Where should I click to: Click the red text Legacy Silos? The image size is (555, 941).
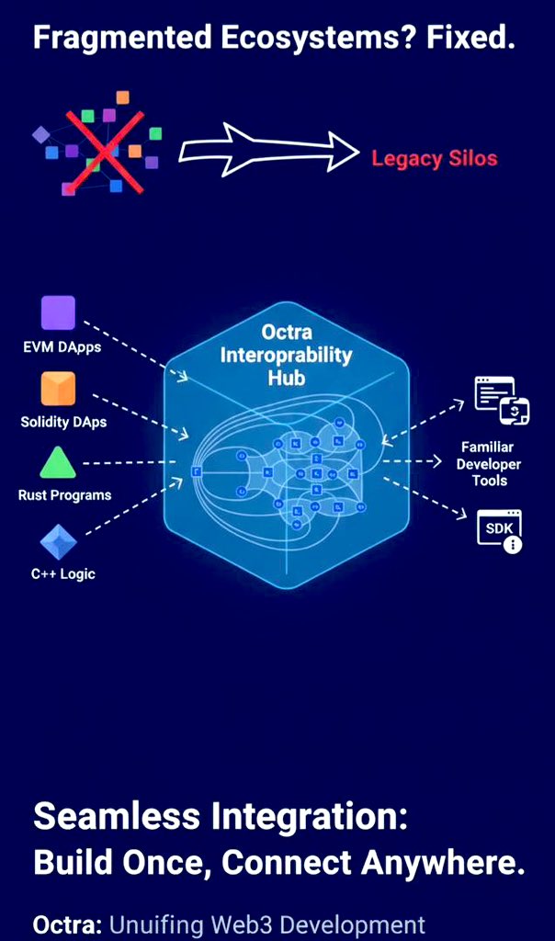434,158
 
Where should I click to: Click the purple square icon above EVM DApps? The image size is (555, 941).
58,313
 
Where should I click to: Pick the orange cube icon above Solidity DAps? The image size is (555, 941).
58,389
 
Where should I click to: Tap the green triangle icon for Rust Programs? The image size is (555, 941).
58,462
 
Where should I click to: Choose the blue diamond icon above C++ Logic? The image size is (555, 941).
58,541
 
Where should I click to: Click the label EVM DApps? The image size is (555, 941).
62,347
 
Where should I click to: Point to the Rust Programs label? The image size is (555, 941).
64,495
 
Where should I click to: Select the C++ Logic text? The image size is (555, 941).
62,574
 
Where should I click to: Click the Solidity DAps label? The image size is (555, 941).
63,422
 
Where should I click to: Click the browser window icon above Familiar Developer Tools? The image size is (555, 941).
501,400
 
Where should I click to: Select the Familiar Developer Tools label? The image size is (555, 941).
489,463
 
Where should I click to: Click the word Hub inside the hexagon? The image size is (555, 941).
286,377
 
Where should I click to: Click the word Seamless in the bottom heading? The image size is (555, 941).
118,816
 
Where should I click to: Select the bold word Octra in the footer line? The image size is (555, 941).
67,924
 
